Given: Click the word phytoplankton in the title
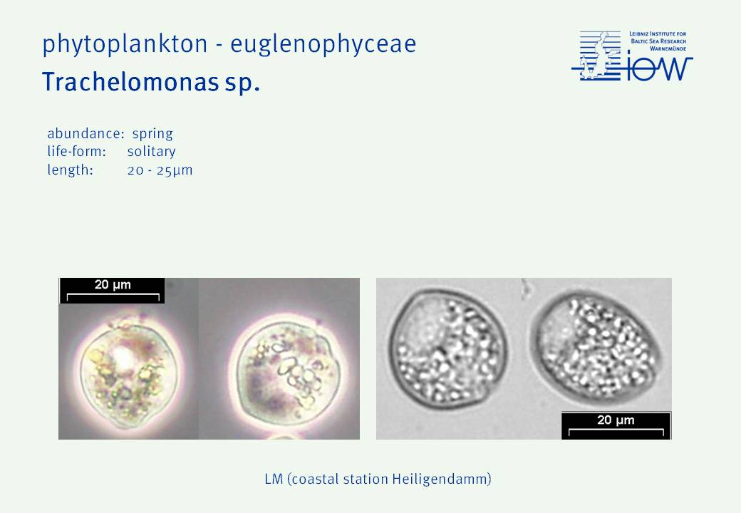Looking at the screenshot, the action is click(125, 44).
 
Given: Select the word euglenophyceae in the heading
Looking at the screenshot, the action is click(323, 44).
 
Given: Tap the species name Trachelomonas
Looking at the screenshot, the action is click(130, 82).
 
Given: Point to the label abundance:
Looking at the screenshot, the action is click(85, 133).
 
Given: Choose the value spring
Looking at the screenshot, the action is click(152, 134).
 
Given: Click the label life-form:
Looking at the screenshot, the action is click(76, 151).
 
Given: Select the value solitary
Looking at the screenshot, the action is click(151, 152).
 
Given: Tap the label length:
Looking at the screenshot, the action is click(70, 170).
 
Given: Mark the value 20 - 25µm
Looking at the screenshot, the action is click(160, 170).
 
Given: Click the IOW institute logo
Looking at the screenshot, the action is click(632, 56).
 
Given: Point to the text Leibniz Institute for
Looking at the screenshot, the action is click(658, 34).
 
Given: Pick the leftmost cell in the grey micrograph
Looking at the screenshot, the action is click(448, 349).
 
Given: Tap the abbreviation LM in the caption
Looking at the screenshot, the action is click(274, 479).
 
